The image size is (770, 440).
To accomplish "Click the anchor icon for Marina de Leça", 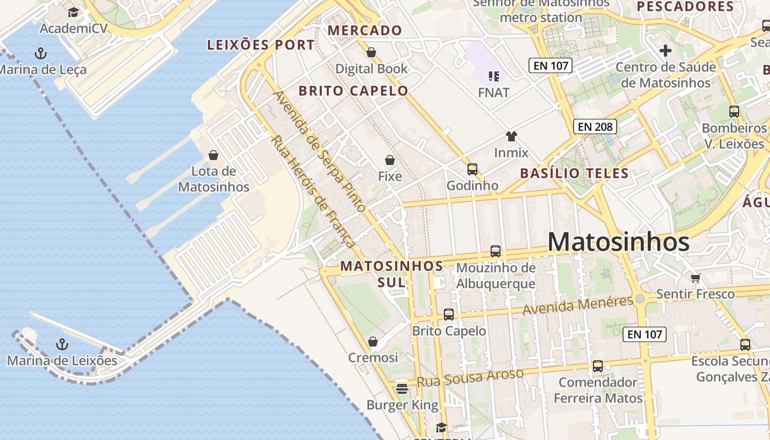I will coord(40,53).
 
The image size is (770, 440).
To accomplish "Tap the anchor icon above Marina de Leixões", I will coord(62,344).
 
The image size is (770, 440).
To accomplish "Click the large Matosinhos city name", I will coord(618,243).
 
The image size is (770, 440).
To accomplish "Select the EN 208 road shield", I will coord(595,127).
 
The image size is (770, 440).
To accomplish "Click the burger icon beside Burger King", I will coord(402,389).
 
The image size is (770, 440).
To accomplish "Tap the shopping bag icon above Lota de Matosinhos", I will coord(213,155).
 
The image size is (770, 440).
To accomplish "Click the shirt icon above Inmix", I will coord(512,136).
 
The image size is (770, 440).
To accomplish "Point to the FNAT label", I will coord(493,93).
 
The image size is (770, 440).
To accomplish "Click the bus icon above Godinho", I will coord(472,169).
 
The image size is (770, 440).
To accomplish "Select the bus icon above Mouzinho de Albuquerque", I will coord(496,251).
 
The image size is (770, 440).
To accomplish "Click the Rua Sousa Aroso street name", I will coord(470,377).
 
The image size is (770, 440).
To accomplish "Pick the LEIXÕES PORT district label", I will coord(261,45).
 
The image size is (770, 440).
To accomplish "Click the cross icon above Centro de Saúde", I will coord(665,51).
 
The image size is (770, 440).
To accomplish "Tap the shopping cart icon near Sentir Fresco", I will coord(696,278).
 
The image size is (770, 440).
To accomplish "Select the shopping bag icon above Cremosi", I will coord(373,342).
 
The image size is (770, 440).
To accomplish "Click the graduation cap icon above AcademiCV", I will coord(73,12).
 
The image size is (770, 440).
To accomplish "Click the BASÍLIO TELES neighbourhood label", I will coord(574,174).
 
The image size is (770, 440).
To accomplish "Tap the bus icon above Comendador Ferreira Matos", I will coord(598,366).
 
